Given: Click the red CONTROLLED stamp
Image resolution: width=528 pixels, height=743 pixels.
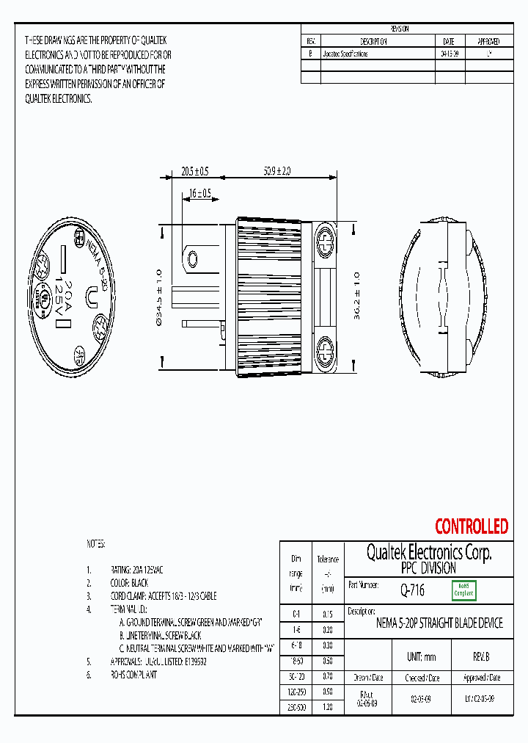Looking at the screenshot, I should tap(471, 526).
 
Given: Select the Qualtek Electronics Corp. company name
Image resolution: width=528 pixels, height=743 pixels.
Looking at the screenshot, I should tap(428, 552).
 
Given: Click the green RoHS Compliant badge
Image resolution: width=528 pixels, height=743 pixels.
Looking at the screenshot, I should tap(463, 590).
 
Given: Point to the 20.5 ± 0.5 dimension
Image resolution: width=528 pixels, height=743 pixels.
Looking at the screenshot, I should tap(194, 171).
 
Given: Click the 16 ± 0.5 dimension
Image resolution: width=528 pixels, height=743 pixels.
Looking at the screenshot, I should tap(199, 194).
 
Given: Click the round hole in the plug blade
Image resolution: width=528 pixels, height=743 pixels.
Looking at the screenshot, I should tap(193, 259).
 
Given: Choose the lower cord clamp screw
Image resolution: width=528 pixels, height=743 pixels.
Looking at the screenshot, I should tap(324, 350).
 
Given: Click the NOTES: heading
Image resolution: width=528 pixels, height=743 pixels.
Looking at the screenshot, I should tap(96, 544).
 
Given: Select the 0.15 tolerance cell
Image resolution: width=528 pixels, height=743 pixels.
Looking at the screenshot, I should tap(327, 615).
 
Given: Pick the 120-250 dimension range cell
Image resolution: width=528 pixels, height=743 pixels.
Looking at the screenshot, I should tap(296, 692).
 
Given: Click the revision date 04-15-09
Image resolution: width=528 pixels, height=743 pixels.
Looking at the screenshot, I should tap(450, 54).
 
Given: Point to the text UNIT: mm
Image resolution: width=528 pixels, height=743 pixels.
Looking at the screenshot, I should tap(421, 656).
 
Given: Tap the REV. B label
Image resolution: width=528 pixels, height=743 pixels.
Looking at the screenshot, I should tap(481, 656).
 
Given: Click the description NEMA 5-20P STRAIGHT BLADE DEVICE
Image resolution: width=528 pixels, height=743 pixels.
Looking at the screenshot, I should tap(439, 623).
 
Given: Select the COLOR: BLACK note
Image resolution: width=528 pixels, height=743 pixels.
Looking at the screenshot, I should tap(129, 583).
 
